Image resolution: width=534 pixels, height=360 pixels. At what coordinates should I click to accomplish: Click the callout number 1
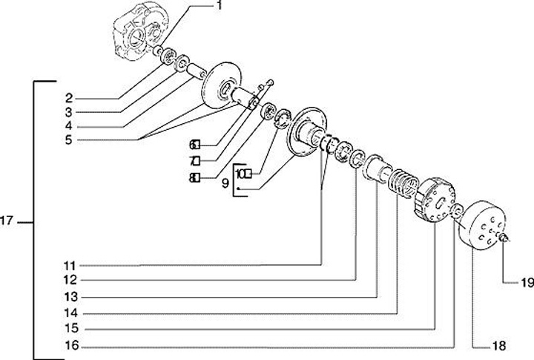pos(220,5)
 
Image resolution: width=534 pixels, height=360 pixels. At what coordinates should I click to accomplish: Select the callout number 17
pos(11,221)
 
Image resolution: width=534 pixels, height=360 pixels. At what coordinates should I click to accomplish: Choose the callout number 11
pos(70,265)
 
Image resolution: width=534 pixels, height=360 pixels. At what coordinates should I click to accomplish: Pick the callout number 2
pos(68,97)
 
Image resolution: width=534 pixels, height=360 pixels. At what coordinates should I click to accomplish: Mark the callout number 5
pos(68,139)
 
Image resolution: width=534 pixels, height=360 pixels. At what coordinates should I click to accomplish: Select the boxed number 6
pos(195,144)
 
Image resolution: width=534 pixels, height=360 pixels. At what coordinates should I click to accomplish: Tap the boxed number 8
pos(195,177)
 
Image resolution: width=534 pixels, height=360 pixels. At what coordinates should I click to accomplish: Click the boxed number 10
pos(243,174)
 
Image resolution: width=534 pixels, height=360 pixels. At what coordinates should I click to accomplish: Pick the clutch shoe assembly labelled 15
pos(434,200)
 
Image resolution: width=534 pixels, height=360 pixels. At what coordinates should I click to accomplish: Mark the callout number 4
pos(68,125)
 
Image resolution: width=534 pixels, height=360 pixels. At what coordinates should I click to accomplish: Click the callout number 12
pos(70,281)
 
